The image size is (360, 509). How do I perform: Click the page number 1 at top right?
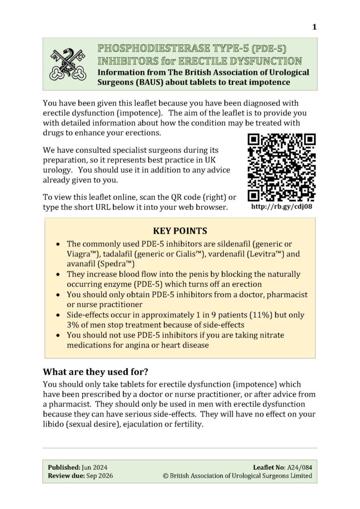click(314, 27)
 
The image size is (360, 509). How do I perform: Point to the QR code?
click(281, 167)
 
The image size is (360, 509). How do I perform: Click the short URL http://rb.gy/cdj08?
click(282, 206)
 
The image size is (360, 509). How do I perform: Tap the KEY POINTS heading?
click(180, 231)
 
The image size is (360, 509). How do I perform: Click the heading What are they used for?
click(97, 372)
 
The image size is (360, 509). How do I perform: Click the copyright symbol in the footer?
click(166, 476)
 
